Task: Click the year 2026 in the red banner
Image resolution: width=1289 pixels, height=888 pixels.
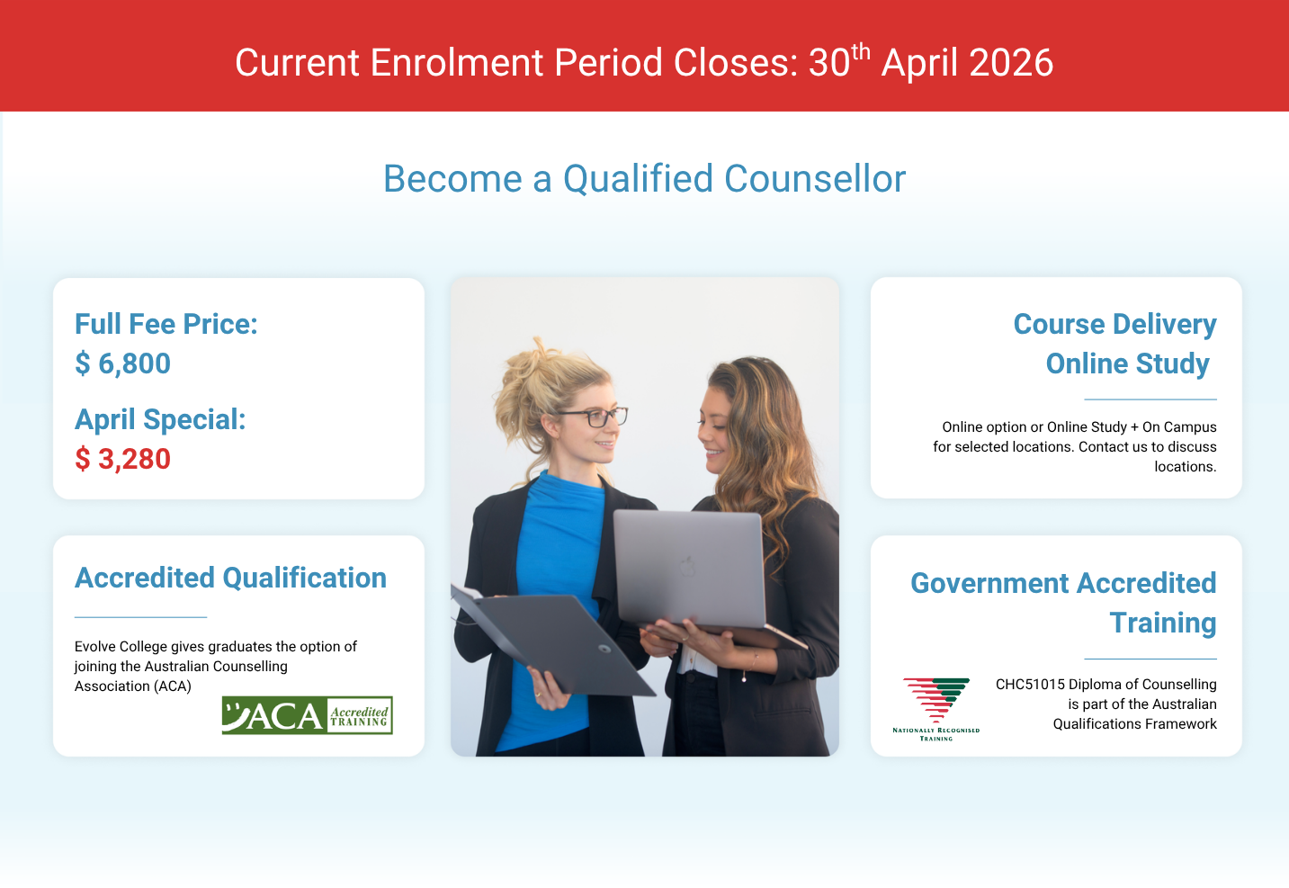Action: point(1011,62)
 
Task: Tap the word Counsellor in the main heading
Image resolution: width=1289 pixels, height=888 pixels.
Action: point(815,178)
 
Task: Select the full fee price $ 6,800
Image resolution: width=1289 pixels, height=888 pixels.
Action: point(122,363)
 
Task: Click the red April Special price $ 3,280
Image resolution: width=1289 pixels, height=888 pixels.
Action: point(122,459)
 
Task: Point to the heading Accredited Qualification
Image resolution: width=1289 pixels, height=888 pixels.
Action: point(231,578)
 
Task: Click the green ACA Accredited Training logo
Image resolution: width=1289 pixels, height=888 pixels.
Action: point(308,714)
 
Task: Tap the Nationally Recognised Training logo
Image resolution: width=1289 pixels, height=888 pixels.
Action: point(936,709)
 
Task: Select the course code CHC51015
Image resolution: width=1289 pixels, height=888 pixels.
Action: point(1030,685)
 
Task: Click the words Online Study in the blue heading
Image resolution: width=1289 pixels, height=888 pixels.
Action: point(1127,363)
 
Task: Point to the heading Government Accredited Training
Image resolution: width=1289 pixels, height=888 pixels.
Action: point(1063,603)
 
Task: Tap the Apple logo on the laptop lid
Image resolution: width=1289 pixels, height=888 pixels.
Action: point(687,566)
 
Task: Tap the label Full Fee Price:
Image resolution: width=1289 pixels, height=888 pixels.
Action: point(166,324)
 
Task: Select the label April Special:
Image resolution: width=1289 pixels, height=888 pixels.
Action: point(160,419)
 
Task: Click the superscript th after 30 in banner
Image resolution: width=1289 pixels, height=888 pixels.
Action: point(861,52)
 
